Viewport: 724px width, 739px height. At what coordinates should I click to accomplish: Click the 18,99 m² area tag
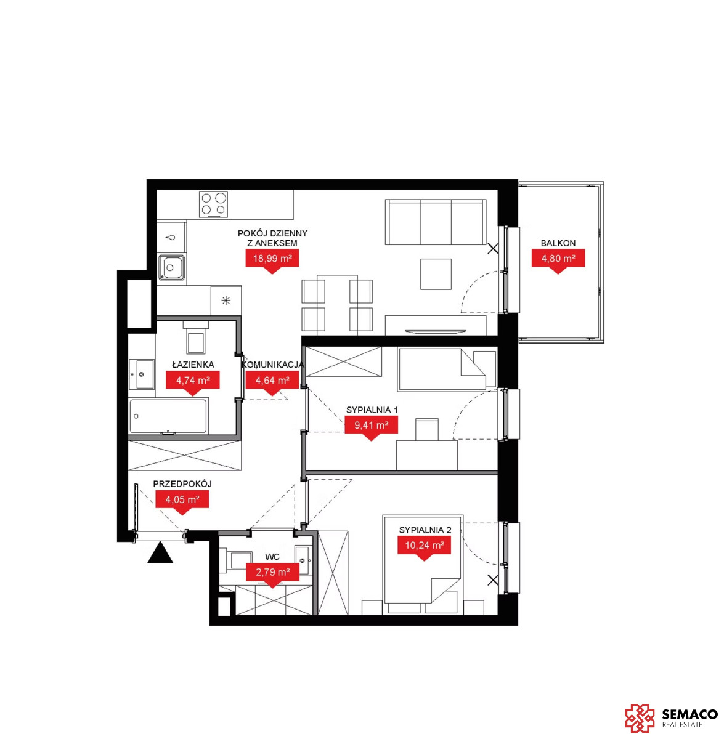click(x=272, y=260)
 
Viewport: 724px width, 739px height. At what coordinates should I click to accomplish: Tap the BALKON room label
click(x=558, y=243)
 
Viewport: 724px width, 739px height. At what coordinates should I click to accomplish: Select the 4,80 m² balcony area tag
click(x=558, y=260)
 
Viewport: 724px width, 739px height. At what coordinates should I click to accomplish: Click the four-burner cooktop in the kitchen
click(x=213, y=204)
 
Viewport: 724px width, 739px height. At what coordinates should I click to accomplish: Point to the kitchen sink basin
click(x=171, y=267)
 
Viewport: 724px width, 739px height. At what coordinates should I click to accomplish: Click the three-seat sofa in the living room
click(x=435, y=222)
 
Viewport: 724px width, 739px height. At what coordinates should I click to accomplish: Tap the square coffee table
click(x=435, y=274)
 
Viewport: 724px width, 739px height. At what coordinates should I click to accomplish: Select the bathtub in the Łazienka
click(x=169, y=416)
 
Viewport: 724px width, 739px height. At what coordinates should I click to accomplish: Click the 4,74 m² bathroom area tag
click(x=193, y=382)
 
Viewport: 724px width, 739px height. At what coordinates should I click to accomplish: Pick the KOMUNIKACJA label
click(x=272, y=365)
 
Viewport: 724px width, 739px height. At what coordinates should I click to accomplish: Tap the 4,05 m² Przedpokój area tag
click(x=182, y=501)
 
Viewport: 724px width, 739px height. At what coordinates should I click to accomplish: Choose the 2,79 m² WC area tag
click(x=272, y=574)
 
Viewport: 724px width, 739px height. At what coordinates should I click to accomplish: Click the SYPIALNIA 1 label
click(x=372, y=410)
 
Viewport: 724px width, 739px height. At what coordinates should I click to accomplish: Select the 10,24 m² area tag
click(x=424, y=547)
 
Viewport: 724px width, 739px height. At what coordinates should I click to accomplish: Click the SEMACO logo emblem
click(x=640, y=717)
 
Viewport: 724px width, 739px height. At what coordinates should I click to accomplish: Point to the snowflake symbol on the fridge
click(x=226, y=301)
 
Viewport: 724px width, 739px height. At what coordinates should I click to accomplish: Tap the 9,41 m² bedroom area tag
click(x=371, y=427)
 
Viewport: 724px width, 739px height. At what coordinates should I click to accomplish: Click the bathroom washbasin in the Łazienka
click(x=142, y=374)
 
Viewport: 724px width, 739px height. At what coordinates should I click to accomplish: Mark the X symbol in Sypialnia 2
click(x=493, y=580)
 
